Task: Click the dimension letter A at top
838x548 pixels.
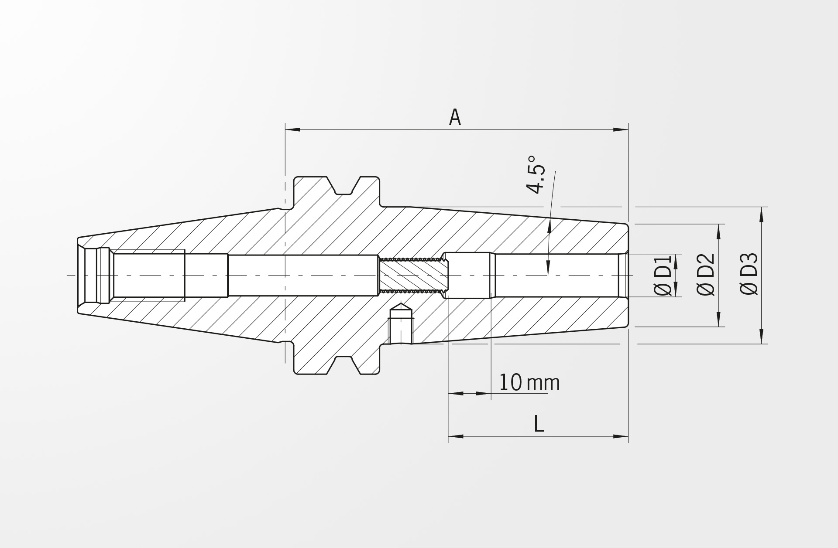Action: tap(455, 117)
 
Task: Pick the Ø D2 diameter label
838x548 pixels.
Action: tap(706, 275)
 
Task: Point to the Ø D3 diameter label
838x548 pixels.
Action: tap(749, 274)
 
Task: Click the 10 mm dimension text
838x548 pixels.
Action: tap(529, 383)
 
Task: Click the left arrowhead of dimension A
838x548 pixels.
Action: tap(293, 129)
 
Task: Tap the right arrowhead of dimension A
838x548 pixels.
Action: tap(621, 129)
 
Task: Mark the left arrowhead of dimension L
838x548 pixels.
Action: tap(456, 436)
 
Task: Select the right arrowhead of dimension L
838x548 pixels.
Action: tap(621, 436)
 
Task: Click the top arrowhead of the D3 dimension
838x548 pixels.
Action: tap(762, 214)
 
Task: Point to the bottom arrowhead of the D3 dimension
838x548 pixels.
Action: tap(762, 336)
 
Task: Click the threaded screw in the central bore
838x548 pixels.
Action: tap(413, 276)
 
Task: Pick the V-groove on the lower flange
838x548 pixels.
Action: tap(343, 365)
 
